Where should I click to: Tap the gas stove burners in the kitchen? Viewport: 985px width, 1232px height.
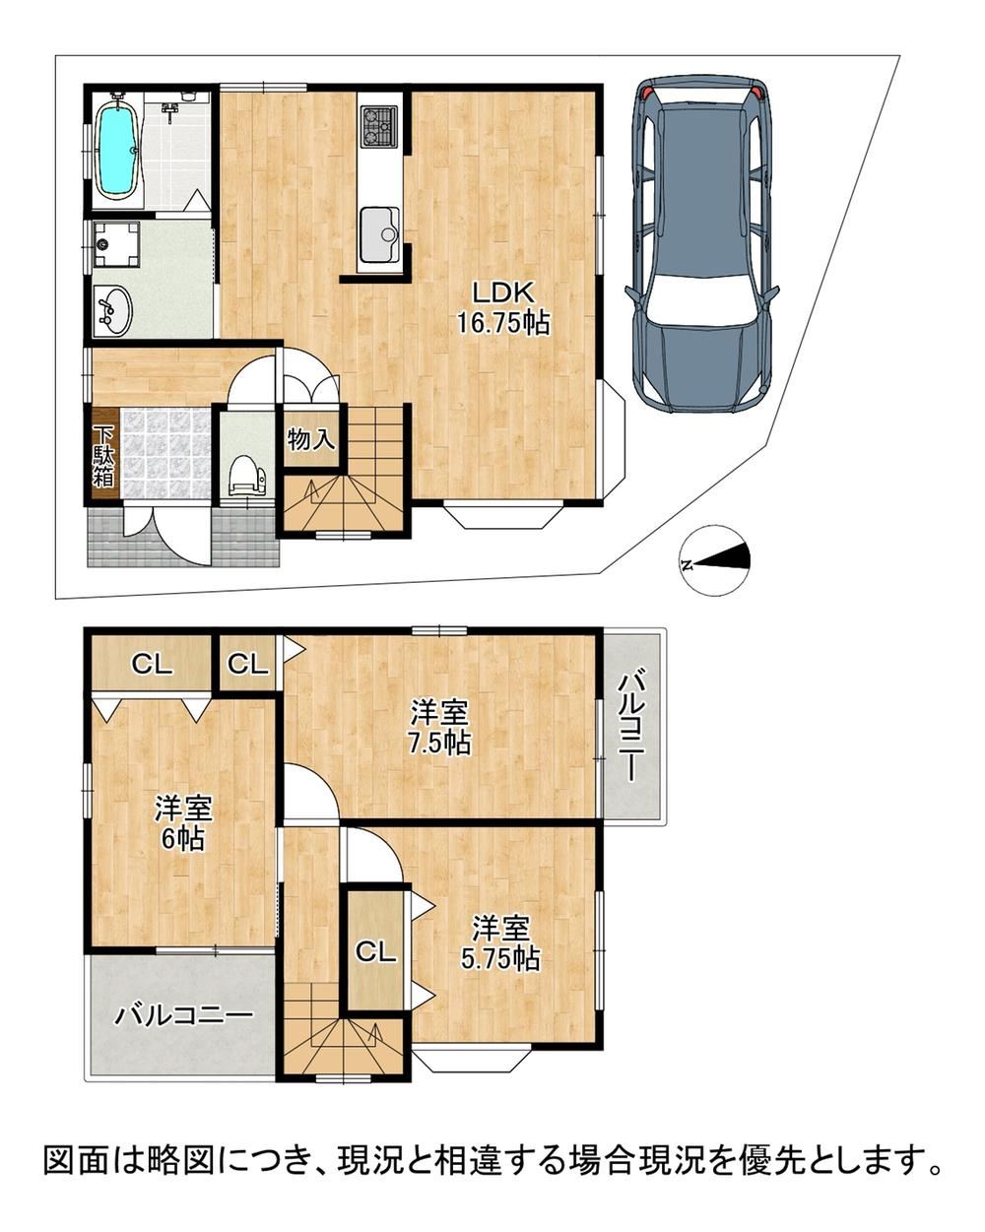tap(379, 126)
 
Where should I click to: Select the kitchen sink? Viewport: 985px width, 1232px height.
tap(379, 233)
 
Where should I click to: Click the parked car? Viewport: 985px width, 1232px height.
tap(701, 242)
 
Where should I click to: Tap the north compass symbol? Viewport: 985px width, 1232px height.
tap(713, 560)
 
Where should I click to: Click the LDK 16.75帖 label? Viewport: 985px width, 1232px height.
tap(502, 308)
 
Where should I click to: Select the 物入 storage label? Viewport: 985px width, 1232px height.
tap(311, 439)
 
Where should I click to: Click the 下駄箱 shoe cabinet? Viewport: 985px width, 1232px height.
tap(103, 456)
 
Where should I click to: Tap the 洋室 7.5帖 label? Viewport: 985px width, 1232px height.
tap(440, 727)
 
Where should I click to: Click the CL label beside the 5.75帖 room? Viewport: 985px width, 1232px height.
tap(375, 952)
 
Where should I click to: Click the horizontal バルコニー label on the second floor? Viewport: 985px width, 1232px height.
tap(184, 1016)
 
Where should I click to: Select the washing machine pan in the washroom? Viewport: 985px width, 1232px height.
tap(117, 244)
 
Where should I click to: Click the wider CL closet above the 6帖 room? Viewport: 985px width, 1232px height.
tap(151, 664)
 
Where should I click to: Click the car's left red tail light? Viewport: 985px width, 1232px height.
tap(647, 90)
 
